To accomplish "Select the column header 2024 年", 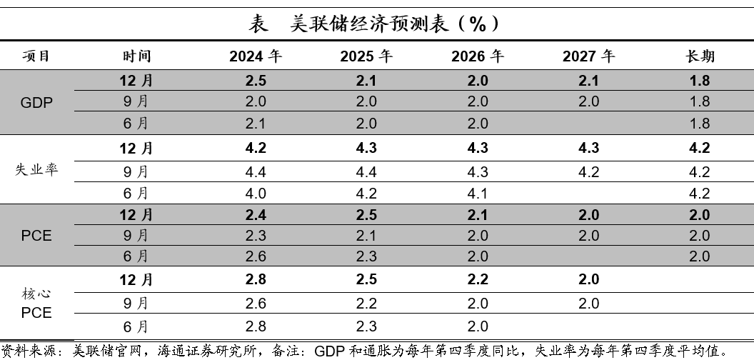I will pos(255,56).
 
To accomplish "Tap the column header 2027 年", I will pos(588,56).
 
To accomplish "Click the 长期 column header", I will pos(700,56).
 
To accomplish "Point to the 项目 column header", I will pos(36,56).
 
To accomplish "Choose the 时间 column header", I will pos(136,56).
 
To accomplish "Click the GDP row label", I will pos(36,102).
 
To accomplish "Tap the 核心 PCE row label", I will pos(36,304).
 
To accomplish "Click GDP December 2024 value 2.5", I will pos(255,81).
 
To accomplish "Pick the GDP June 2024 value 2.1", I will pos(255,124).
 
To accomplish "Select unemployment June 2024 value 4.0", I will pos(255,193).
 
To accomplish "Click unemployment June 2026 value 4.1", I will pos(478,193).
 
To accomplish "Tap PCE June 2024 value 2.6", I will pos(255,256).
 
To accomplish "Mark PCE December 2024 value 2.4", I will pos(255,214).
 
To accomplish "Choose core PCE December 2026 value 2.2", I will pos(478,279).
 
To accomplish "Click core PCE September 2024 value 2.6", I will pos(255,304).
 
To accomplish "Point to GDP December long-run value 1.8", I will pos(700,81).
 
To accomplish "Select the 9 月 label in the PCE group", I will pos(136,235).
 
